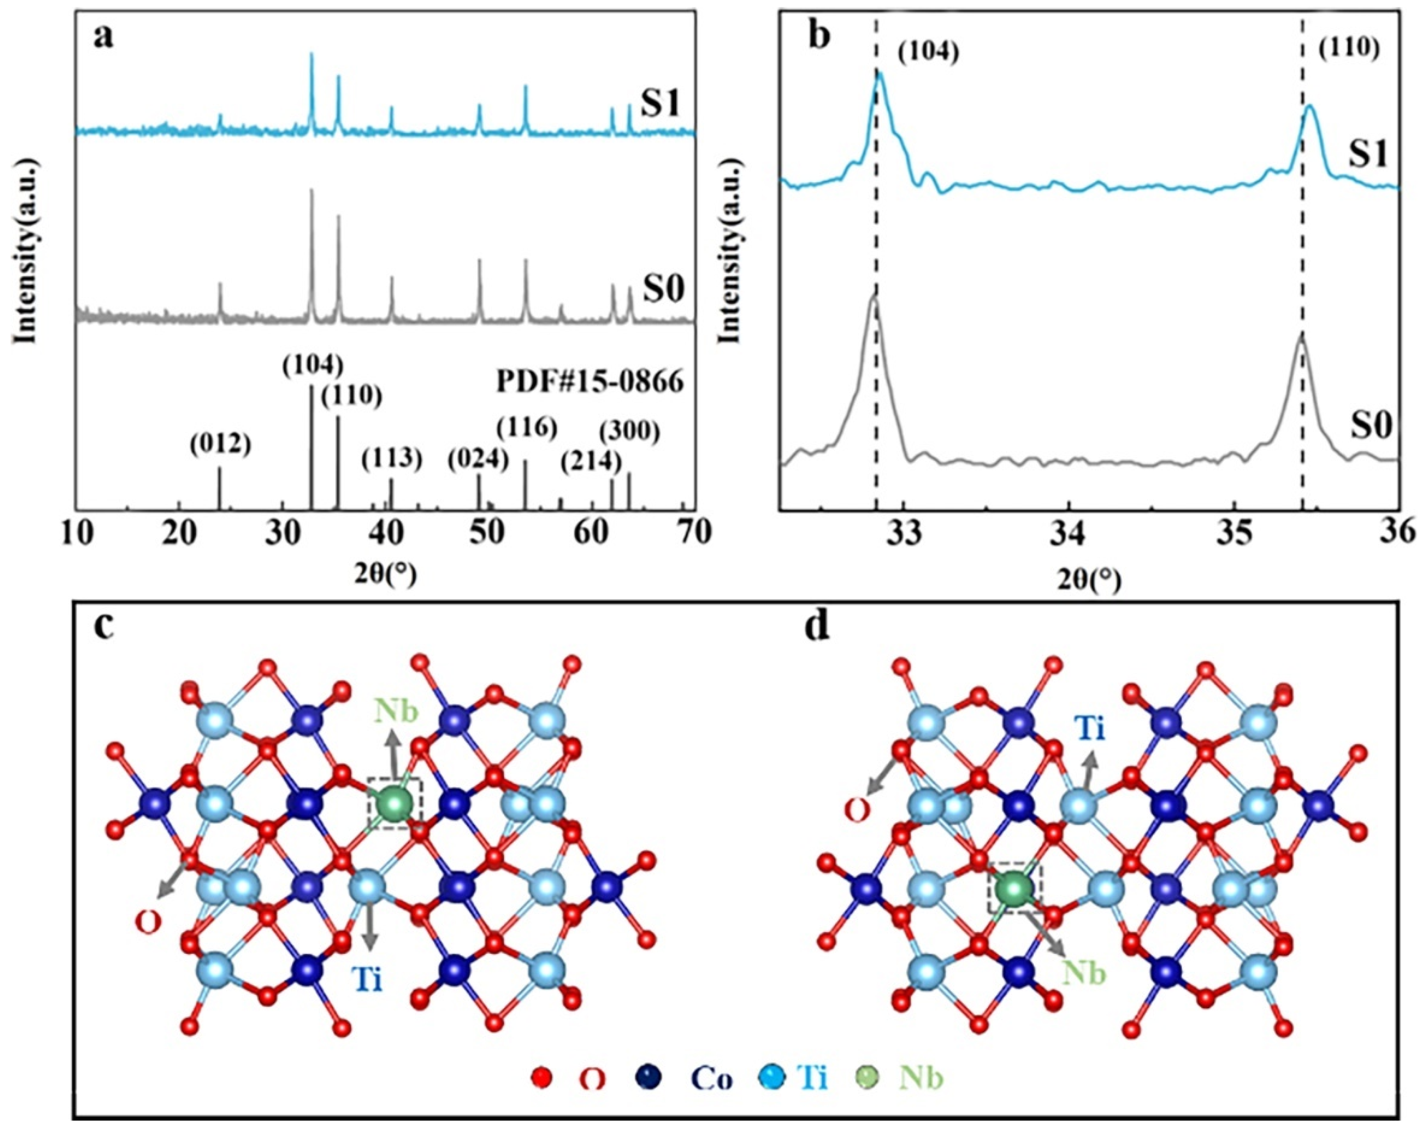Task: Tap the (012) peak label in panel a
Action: point(220,445)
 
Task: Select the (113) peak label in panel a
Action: point(392,459)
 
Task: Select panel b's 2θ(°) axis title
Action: point(1088,580)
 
